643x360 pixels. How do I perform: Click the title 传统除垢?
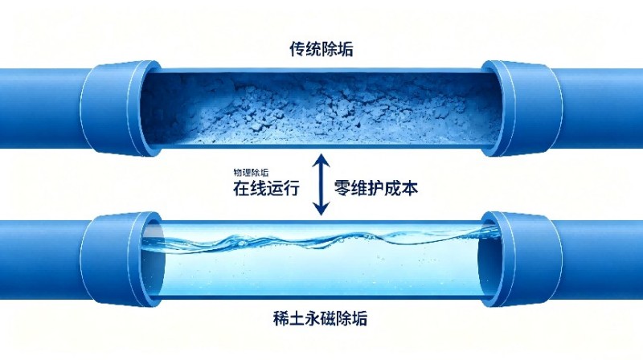pyautogui.click(x=321, y=49)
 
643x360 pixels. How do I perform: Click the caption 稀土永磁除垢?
pyautogui.click(x=320, y=318)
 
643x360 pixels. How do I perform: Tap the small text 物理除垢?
pyautogui.click(x=251, y=172)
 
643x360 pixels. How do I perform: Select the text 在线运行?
pyautogui.click(x=266, y=188)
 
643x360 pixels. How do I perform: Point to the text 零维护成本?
pyautogui.click(x=376, y=188)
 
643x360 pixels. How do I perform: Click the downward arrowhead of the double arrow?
pyautogui.click(x=321, y=209)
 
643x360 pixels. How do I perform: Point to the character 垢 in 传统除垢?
pyautogui.click(x=346, y=49)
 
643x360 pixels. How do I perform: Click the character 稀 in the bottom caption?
pyautogui.click(x=281, y=318)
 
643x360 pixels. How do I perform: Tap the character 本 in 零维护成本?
pyautogui.click(x=410, y=188)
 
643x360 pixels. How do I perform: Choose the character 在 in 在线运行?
pyautogui.click(x=241, y=188)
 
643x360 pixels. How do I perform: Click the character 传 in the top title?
pyautogui.click(x=297, y=49)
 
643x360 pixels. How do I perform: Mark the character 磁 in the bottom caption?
pyautogui.click(x=328, y=318)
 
